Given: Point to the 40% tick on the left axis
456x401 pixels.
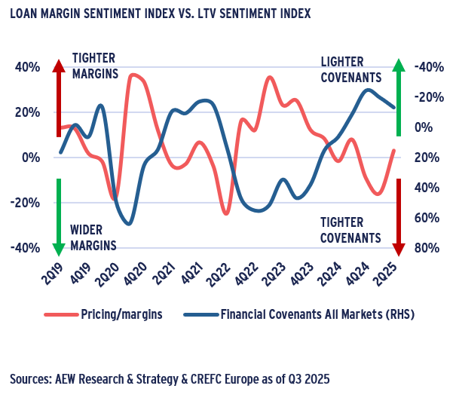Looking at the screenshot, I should [28, 67].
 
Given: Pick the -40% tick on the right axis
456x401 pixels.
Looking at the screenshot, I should [425, 67].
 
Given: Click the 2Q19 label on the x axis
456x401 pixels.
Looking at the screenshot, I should [54, 271].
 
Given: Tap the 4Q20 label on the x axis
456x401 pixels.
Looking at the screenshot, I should [139, 271].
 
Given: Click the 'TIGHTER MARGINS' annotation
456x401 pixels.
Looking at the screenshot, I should [95, 66].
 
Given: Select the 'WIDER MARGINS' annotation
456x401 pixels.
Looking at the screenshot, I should [93, 237].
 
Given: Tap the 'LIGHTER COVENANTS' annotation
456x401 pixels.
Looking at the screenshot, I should [350, 69].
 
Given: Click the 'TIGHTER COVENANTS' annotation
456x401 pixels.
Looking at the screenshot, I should [350, 230].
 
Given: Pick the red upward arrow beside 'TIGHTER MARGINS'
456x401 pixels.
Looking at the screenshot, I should [57, 98].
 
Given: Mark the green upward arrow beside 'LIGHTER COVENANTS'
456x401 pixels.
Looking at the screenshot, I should [399, 98].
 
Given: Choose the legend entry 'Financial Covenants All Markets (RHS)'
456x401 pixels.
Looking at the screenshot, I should [317, 314].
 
